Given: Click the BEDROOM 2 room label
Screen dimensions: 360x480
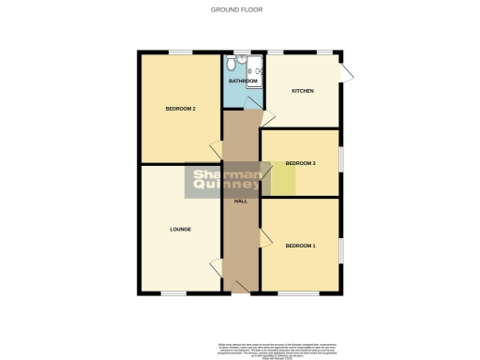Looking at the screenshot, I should [x=180, y=109].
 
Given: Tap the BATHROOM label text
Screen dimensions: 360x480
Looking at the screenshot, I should [x=243, y=82].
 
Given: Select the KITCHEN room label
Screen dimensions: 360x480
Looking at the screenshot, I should [x=302, y=91].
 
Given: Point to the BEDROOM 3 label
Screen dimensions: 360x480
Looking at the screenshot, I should [x=301, y=163].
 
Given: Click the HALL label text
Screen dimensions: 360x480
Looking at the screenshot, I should [x=240, y=202].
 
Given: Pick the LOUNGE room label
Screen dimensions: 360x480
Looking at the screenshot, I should [x=180, y=229].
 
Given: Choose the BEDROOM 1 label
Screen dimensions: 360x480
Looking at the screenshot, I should [x=301, y=246].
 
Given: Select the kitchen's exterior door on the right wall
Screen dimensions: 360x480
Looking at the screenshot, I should [x=347, y=74].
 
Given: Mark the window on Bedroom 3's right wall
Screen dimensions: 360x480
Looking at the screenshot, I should [x=341, y=159].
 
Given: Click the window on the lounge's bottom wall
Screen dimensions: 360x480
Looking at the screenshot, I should [x=173, y=293].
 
